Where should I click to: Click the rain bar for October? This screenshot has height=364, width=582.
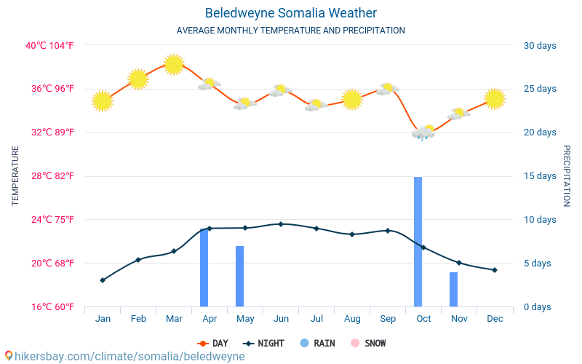[x=418, y=242]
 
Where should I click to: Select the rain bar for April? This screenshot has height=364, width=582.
[x=204, y=268]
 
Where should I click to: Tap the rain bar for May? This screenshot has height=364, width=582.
[x=239, y=277]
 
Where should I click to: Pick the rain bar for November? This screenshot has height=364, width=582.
[x=453, y=290]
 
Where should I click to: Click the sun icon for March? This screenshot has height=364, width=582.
[x=173, y=65]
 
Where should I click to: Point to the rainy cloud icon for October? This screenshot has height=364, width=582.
[x=423, y=132]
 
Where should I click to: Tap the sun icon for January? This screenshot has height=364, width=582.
[x=103, y=101]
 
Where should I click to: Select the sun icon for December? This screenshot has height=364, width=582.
[x=495, y=98]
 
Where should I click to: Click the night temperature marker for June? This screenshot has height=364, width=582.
[x=281, y=224]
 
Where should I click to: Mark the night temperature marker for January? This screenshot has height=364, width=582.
[x=103, y=280]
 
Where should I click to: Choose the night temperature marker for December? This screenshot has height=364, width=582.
[x=495, y=270]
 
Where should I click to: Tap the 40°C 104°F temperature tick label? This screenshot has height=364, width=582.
[x=50, y=46]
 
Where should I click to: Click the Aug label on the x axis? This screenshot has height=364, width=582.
[x=352, y=319]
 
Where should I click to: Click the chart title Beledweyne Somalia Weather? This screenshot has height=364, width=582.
[x=291, y=13]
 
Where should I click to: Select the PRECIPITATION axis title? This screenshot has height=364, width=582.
[x=567, y=176]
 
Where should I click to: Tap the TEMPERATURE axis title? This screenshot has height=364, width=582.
[x=15, y=176]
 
